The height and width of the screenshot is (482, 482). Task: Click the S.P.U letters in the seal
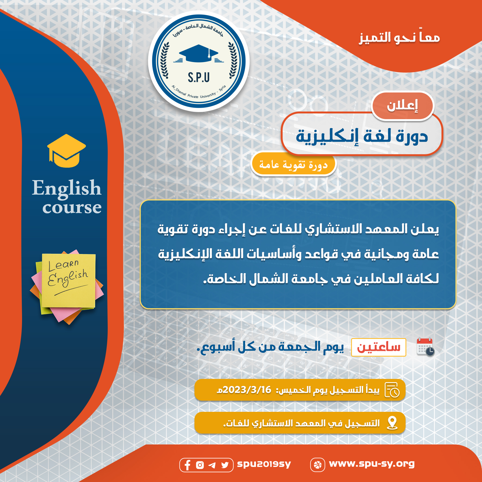coord(199,78)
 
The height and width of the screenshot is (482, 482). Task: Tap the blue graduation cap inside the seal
coord(199,53)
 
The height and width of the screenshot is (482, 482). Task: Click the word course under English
coord(72,208)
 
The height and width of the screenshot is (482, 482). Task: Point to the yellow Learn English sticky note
coord(68,280)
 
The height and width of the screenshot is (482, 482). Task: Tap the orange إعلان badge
coord(402,106)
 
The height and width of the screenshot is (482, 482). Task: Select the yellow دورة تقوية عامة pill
coord(293,164)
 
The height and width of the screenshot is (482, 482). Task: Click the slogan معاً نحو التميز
coord(399,37)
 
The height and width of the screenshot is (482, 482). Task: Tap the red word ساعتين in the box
coord(379,347)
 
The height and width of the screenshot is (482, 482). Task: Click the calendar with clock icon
coord(425,347)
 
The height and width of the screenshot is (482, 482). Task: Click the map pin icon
coord(392,423)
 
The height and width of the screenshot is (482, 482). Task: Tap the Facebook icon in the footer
coord(187,465)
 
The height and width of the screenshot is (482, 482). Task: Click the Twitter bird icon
coord(225,465)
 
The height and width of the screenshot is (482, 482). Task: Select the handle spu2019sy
coord(264,464)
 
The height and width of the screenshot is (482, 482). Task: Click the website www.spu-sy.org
coord(372,464)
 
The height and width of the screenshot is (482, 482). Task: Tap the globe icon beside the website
coord(317,465)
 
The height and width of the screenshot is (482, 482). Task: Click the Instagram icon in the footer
coord(200,465)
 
